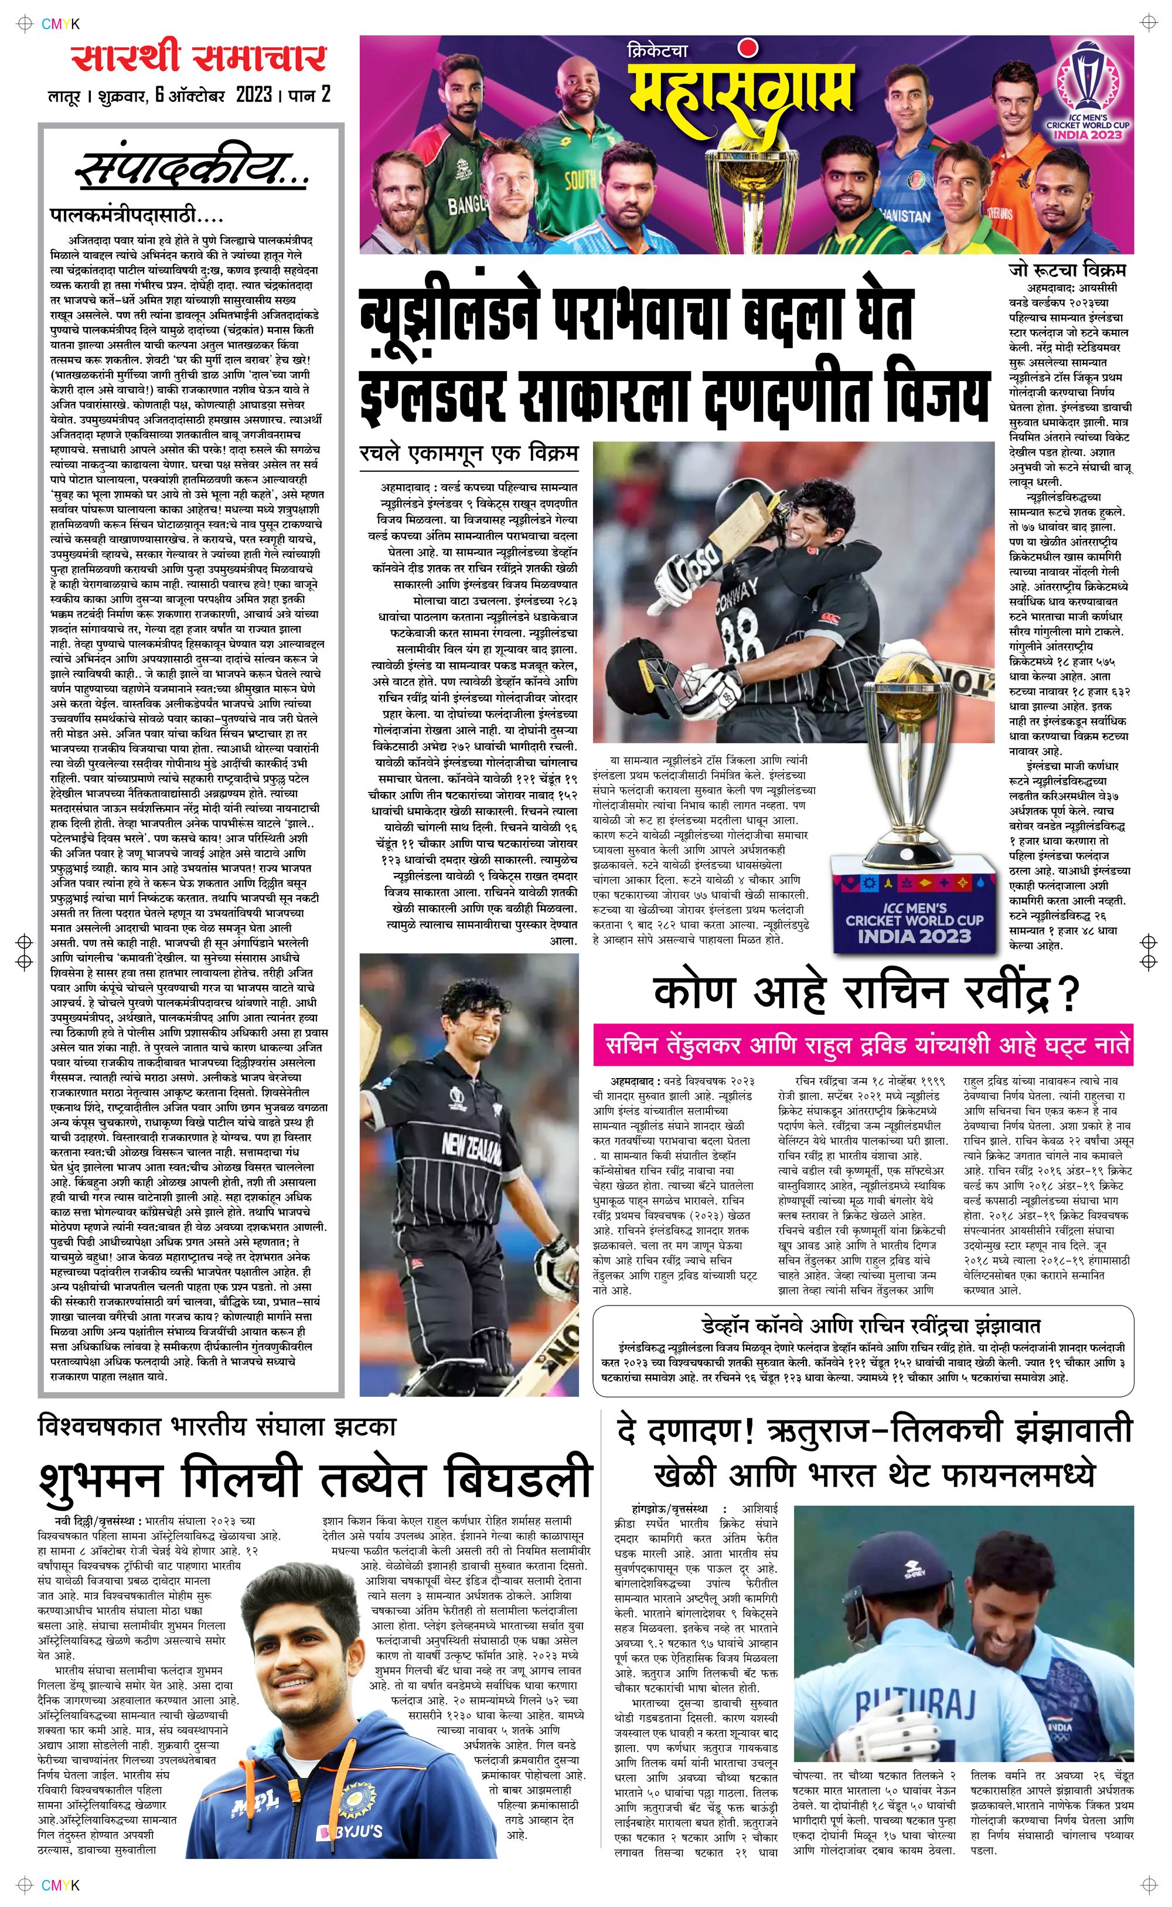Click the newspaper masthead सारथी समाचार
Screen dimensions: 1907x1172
199,58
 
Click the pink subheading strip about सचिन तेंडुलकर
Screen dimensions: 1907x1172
862,1046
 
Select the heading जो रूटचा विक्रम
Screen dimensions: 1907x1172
1067,270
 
